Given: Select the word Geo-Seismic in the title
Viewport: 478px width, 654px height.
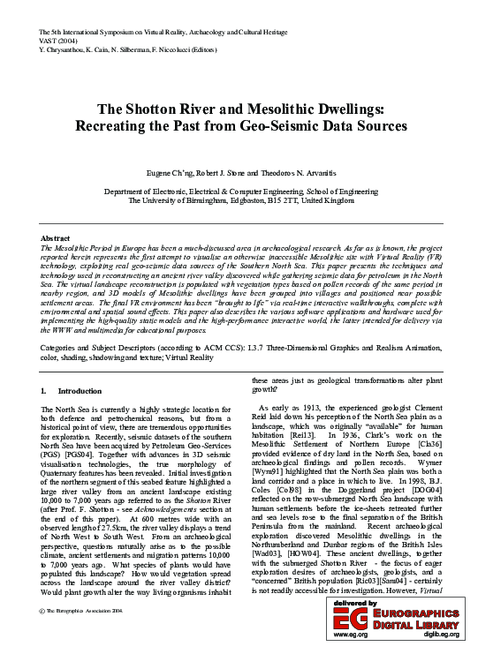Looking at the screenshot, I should coord(296,126).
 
